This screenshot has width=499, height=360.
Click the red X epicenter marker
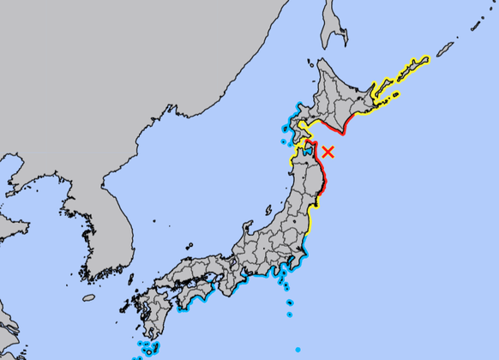tap(328, 153)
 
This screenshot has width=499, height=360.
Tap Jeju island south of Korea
tap(89, 297)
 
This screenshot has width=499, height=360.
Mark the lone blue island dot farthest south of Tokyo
tap(298, 349)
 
